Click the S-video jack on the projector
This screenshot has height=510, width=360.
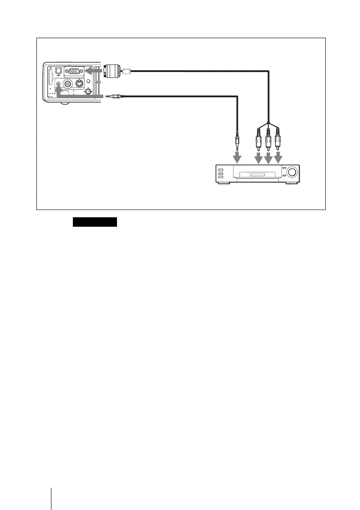(79, 84)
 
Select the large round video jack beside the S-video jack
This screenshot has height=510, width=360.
(67, 84)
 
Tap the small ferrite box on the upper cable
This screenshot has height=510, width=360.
(126, 71)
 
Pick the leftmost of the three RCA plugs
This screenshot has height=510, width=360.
(259, 138)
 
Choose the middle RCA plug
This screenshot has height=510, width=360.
(268, 138)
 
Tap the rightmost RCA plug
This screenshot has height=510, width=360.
(278, 138)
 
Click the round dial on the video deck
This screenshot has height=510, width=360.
(292, 173)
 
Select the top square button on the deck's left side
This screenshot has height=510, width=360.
(221, 170)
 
